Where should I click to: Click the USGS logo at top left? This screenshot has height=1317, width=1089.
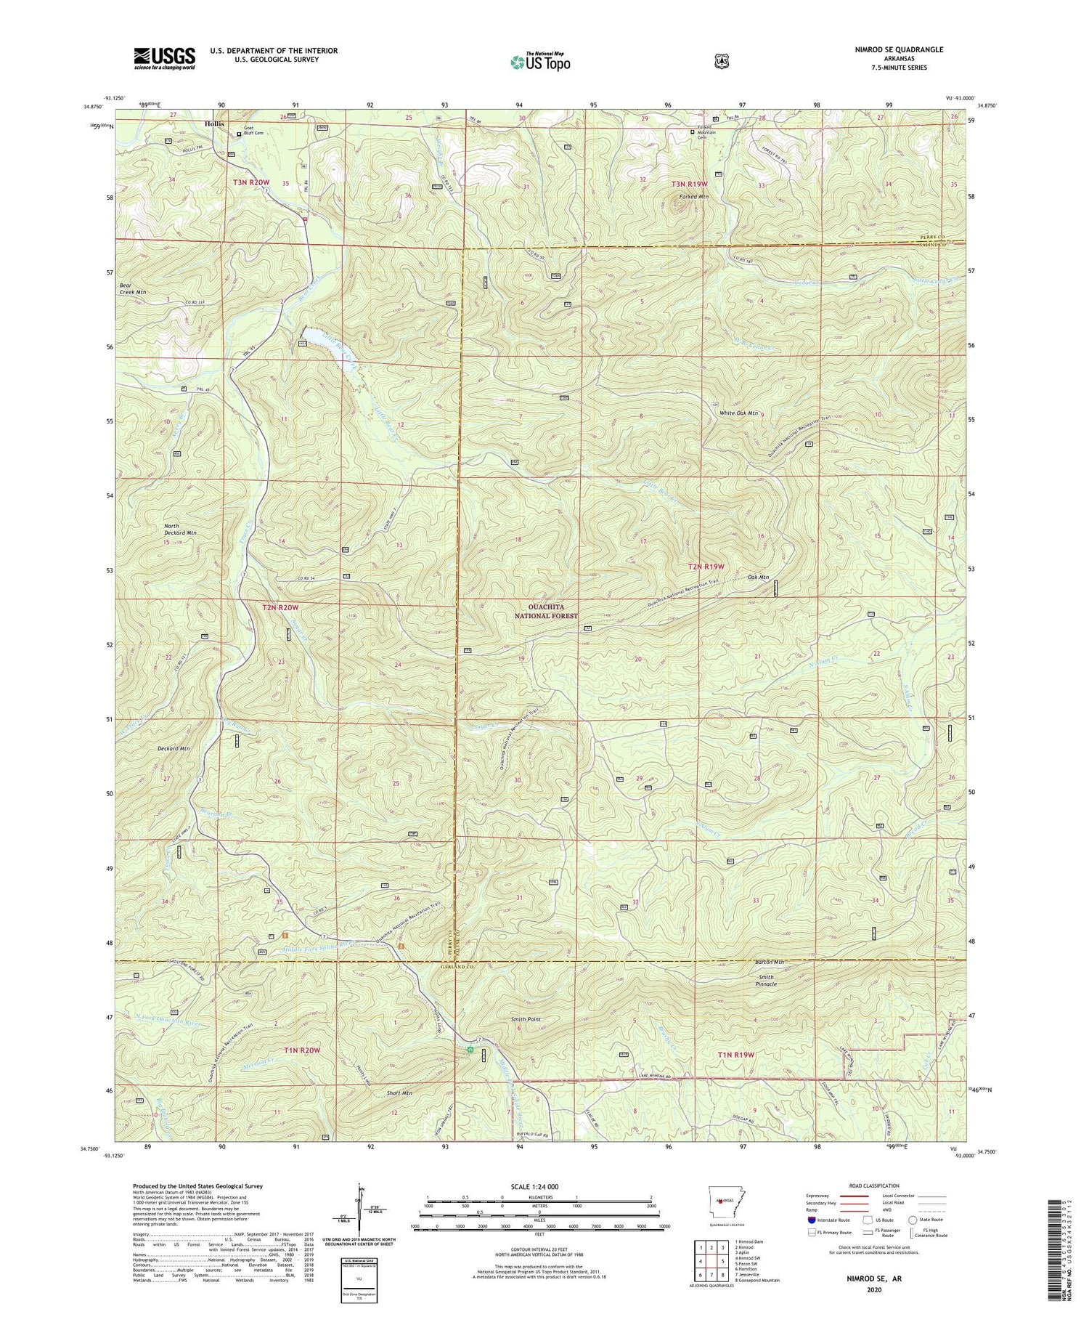click(x=164, y=57)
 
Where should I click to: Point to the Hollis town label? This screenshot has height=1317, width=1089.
click(x=214, y=123)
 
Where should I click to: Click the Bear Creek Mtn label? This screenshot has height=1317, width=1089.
click(x=133, y=288)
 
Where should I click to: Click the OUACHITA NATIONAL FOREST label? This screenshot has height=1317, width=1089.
click(x=546, y=611)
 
